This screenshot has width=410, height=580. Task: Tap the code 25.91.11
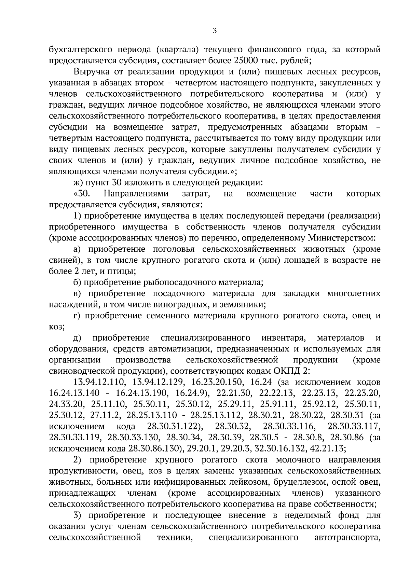pyautogui.click(x=277, y=404)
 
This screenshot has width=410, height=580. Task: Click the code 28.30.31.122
pyautogui.click(x=173, y=426)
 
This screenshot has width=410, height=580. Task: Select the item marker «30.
pyautogui.click(x=81, y=194)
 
